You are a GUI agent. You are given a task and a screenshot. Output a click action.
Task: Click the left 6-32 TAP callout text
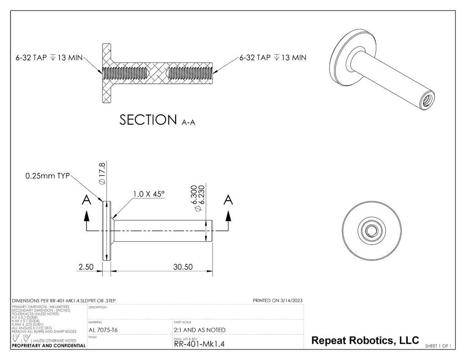(x=49, y=58)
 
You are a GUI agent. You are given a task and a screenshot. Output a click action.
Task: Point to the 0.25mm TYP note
(x=45, y=176)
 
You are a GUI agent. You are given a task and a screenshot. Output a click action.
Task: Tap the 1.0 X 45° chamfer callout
(x=149, y=194)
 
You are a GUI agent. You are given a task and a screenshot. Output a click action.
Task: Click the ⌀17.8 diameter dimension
(x=102, y=173)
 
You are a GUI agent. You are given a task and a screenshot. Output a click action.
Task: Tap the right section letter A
(x=228, y=200)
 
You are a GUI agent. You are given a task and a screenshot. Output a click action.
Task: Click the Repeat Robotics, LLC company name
(x=365, y=340)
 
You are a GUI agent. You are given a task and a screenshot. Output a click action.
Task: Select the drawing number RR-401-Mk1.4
(x=199, y=344)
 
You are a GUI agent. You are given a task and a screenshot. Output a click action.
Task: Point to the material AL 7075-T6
(x=103, y=330)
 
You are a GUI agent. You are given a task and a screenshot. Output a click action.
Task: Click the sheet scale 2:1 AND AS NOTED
(x=199, y=330)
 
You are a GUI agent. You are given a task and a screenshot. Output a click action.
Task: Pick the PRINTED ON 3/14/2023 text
(x=277, y=300)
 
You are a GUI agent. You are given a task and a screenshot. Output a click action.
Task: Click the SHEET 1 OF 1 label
(x=438, y=346)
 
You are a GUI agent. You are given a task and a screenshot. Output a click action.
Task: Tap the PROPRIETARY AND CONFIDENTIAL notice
(x=48, y=346)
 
